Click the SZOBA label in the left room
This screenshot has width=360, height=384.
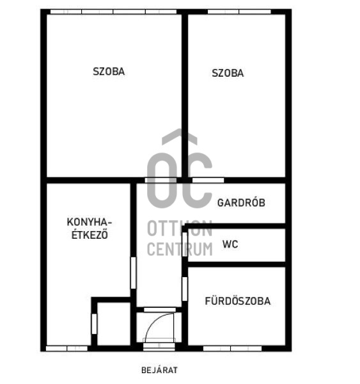109,72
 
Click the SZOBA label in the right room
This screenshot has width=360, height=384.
228,73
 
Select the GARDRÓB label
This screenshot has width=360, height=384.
241,203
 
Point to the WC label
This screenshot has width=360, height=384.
230,244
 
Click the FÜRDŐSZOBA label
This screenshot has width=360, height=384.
237,301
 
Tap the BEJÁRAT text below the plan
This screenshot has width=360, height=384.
159,370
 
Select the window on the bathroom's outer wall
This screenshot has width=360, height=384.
232,348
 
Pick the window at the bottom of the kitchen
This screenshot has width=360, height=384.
67,348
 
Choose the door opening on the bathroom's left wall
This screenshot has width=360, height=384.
185,289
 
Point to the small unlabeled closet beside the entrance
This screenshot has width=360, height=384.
113,323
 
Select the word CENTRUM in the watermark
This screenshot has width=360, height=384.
180,248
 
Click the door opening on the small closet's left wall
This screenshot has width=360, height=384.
94,323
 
